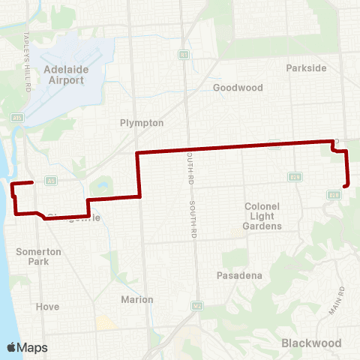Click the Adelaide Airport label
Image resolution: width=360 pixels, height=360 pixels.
(67, 74)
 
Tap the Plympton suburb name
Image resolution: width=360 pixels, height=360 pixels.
(142, 122)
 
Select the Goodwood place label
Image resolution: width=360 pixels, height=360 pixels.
(238, 88)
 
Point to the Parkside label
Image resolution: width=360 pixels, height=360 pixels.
(306, 67)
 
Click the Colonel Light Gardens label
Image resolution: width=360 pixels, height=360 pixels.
(262, 216)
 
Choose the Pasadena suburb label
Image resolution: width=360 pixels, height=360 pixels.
(238, 276)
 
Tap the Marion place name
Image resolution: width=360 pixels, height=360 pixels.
(137, 300)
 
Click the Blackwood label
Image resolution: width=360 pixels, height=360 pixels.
(311, 343)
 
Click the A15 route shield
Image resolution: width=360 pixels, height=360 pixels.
(16, 117)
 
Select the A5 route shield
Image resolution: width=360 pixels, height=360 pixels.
(52, 180)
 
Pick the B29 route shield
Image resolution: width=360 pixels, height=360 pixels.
(295, 177)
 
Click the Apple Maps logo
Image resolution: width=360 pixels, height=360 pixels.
(27, 346)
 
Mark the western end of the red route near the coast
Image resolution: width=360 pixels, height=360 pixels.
(31, 182)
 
